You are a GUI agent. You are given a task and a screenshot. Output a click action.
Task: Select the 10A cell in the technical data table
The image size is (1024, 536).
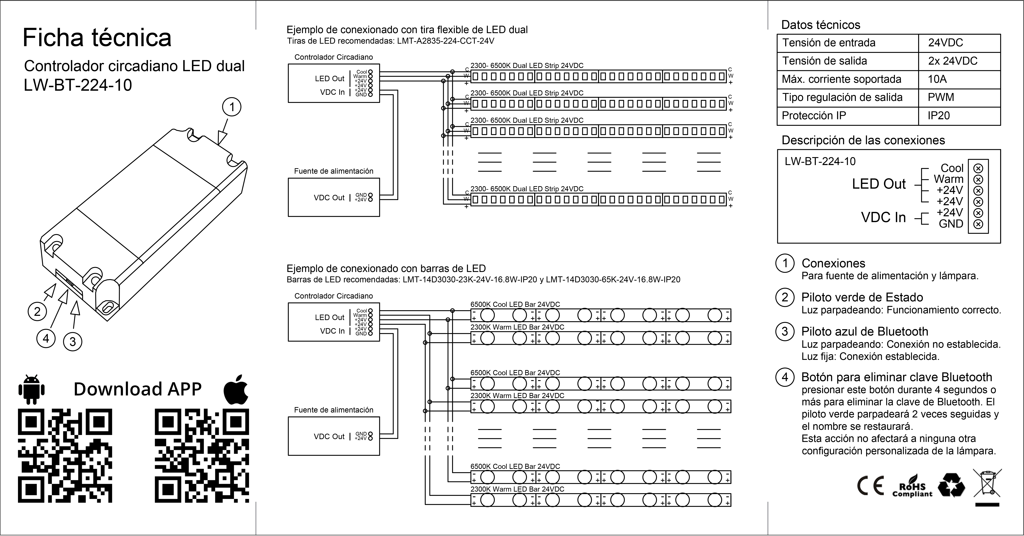pyautogui.click(x=937, y=79)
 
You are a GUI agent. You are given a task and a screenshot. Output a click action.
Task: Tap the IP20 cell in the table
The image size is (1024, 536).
pyautogui.click(x=939, y=116)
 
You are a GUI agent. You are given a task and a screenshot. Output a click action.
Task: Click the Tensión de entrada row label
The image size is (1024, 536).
pyautogui.click(x=829, y=43)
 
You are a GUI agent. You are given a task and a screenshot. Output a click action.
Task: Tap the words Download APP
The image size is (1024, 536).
pyautogui.click(x=138, y=389)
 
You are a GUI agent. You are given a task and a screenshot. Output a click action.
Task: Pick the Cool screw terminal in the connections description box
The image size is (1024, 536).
pyautogui.click(x=978, y=168)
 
